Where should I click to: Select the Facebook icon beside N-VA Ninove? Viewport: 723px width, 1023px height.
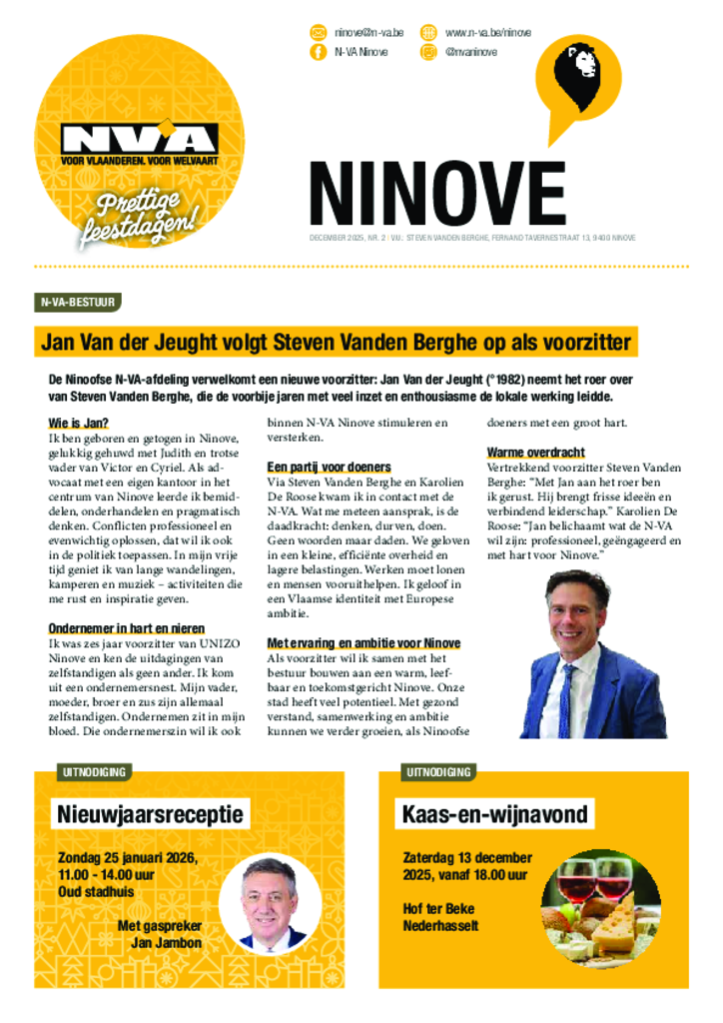pyautogui.click(x=319, y=52)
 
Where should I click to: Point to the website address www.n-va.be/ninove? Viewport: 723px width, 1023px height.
pyautogui.click(x=487, y=32)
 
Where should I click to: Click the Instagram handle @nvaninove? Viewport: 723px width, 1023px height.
pyautogui.click(x=474, y=52)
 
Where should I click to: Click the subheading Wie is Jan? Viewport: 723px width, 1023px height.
pyautogui.click(x=78, y=423)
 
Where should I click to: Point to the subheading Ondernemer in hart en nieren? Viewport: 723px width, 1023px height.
pyautogui.click(x=122, y=628)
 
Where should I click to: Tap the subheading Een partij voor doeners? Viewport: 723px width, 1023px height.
pyautogui.click(x=329, y=467)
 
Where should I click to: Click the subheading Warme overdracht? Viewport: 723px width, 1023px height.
pyautogui.click(x=535, y=452)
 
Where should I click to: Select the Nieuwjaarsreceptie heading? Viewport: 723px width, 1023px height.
pyautogui.click(x=151, y=814)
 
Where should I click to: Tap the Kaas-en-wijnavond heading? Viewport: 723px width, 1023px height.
pyautogui.click(x=493, y=814)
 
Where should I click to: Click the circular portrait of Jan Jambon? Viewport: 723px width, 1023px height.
pyautogui.click(x=270, y=904)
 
